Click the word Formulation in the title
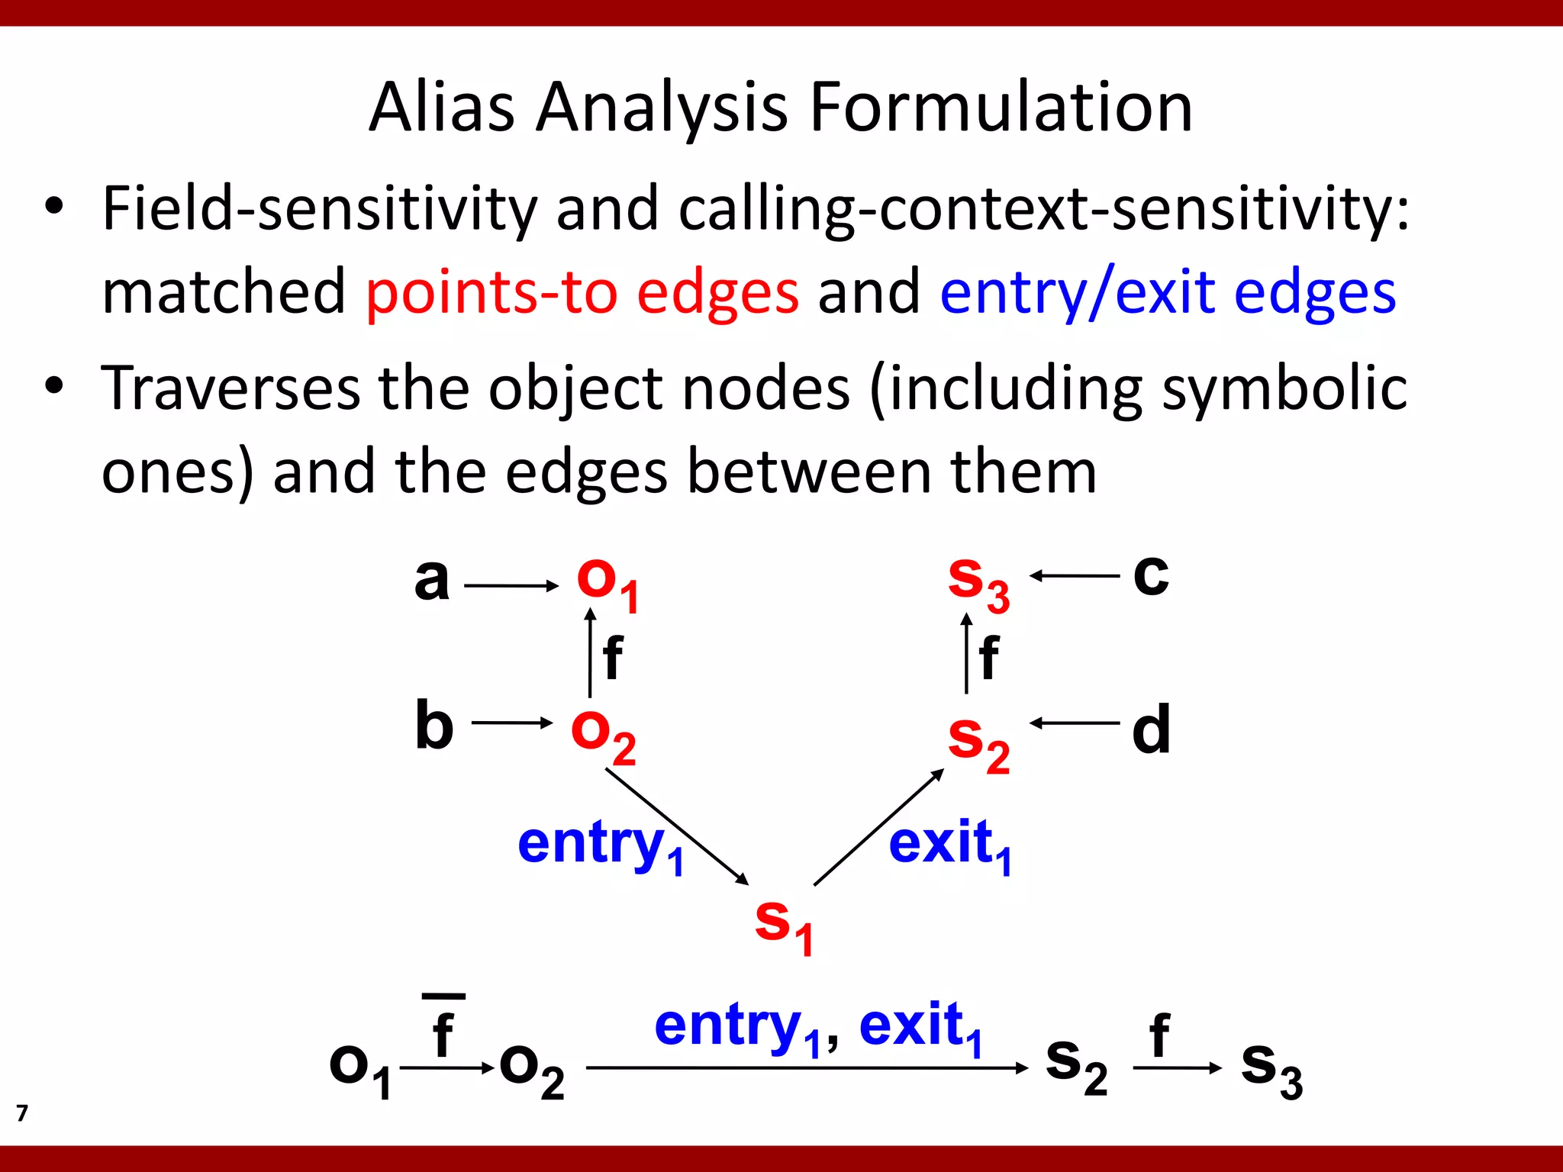click(x=1001, y=108)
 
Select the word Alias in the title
click(x=442, y=108)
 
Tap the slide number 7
click(x=22, y=1113)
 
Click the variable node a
click(x=432, y=580)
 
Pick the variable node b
click(x=434, y=726)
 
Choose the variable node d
click(x=1151, y=729)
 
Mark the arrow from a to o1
click(x=511, y=586)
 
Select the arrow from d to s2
click(x=1074, y=723)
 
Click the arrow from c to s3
click(x=1074, y=576)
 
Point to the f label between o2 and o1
click(x=612, y=658)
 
